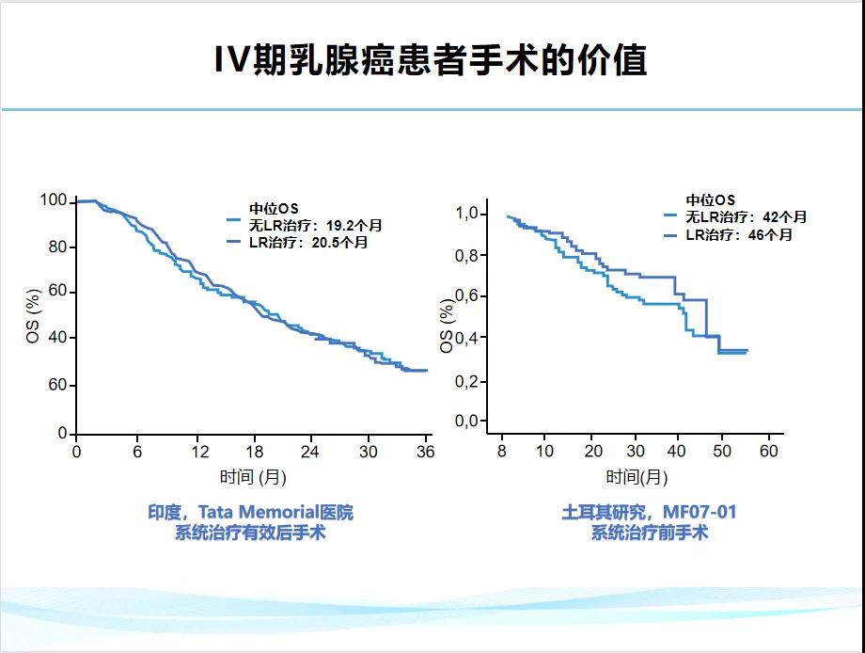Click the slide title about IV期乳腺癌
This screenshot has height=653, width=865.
[x=432, y=60]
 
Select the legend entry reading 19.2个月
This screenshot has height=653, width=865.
[x=303, y=226]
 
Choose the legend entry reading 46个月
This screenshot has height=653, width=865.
[x=730, y=234]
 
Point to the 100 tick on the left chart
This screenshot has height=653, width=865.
[x=54, y=200]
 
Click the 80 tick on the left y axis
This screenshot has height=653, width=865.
[x=57, y=247]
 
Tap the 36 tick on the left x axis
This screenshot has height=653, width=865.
[x=425, y=452]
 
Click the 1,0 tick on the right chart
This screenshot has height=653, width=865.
[x=467, y=215]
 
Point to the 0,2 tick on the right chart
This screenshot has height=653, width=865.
[x=467, y=380]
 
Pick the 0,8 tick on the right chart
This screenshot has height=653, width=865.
[x=467, y=256]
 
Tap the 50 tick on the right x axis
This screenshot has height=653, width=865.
[x=724, y=452]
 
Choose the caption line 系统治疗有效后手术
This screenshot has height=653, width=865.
[x=249, y=534]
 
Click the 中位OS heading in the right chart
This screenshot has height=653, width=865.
[x=710, y=200]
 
